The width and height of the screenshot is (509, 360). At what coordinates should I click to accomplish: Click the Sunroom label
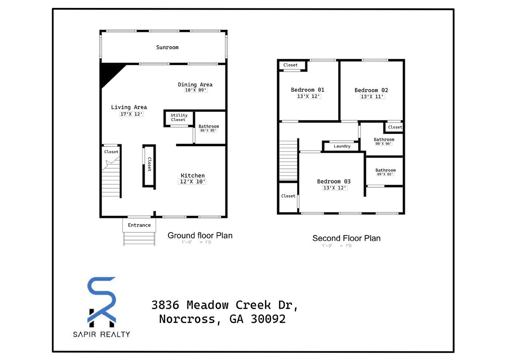pyautogui.click(x=167, y=47)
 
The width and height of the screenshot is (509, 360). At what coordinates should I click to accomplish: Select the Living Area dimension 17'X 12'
pyautogui.click(x=132, y=114)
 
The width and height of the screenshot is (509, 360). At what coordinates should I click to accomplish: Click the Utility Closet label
pyautogui.click(x=179, y=117)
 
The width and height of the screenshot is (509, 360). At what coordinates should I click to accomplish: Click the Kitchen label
pyautogui.click(x=192, y=176)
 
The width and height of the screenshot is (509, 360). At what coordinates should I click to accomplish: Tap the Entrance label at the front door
pyautogui.click(x=139, y=225)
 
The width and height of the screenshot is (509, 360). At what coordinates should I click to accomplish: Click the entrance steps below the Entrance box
pyautogui.click(x=139, y=239)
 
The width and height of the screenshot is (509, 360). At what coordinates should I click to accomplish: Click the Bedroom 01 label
pyautogui.click(x=307, y=90)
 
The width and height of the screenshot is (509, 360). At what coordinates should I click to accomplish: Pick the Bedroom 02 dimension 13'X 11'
pyautogui.click(x=371, y=97)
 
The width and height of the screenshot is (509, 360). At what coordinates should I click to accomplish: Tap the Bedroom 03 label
pyautogui.click(x=334, y=181)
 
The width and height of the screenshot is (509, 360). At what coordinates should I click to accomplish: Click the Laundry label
pyautogui.click(x=342, y=146)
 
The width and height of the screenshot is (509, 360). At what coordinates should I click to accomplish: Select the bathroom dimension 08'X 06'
pyautogui.click(x=383, y=144)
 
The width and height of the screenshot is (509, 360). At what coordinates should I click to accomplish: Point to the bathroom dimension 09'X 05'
pyautogui.click(x=385, y=174)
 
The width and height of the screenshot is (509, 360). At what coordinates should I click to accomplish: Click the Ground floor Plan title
pyautogui.click(x=200, y=235)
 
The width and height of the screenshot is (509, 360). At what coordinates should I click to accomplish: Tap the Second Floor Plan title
pyautogui.click(x=346, y=238)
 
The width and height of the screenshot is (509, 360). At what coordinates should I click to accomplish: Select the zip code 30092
pyautogui.click(x=268, y=319)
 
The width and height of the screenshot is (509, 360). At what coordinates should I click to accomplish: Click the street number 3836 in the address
pyautogui.click(x=167, y=305)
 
